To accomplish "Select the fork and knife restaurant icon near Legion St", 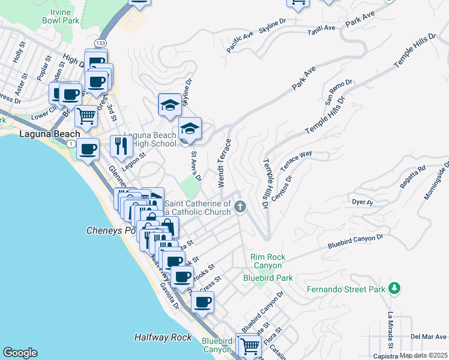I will tap(121, 145).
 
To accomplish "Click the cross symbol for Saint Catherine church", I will tap(240, 208).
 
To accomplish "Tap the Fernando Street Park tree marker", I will tap(394, 289).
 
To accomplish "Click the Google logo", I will tap(20, 353).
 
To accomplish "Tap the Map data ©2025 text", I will tap(424, 355).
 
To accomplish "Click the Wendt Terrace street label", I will tap(224, 163).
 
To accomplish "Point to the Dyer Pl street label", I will tap(363, 203).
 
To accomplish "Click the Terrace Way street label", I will tap(297, 158).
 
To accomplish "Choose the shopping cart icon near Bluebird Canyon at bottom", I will tap(249, 346).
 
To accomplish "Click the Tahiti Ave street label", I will tap(321, 31).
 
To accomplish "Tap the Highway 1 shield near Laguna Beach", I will tap(71, 144).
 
